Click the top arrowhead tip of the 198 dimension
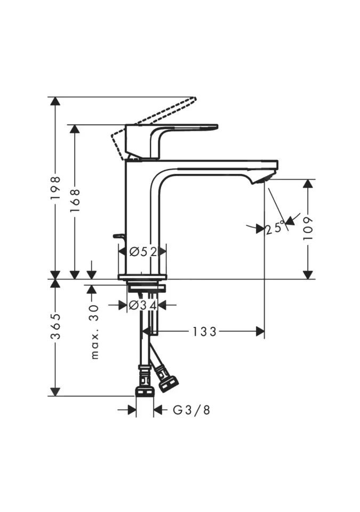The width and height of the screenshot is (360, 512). pos(55,97)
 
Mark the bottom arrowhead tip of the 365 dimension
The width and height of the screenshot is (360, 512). pos(55,396)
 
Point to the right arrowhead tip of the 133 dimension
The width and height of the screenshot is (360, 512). pos(265,331)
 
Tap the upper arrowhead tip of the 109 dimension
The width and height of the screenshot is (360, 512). pos(308,179)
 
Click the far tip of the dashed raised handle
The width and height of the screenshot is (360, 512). pos(195,98)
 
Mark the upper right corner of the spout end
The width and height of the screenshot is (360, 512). pos(278,161)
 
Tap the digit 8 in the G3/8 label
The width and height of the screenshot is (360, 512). pos(206,410)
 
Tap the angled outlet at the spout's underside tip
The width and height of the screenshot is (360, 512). pos(261,179)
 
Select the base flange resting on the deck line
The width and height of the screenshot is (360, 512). pos(142,277)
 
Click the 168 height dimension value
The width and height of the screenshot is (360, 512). pos(75,200)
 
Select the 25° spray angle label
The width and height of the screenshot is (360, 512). pos(275,228)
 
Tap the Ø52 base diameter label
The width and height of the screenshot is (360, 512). pos(143,251)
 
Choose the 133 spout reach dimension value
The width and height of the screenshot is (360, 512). pos(204,332)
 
